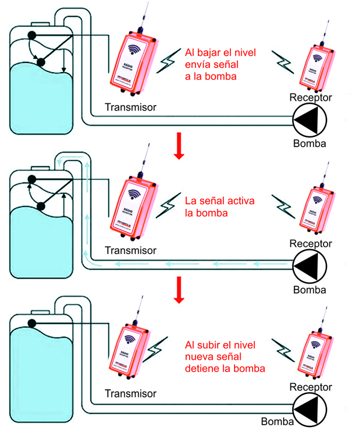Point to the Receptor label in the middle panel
(x=310, y=243)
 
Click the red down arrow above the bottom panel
(x=178, y=291)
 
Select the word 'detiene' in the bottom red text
(x=204, y=367)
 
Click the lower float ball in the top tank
(x=41, y=62)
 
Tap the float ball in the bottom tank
(x=32, y=323)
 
